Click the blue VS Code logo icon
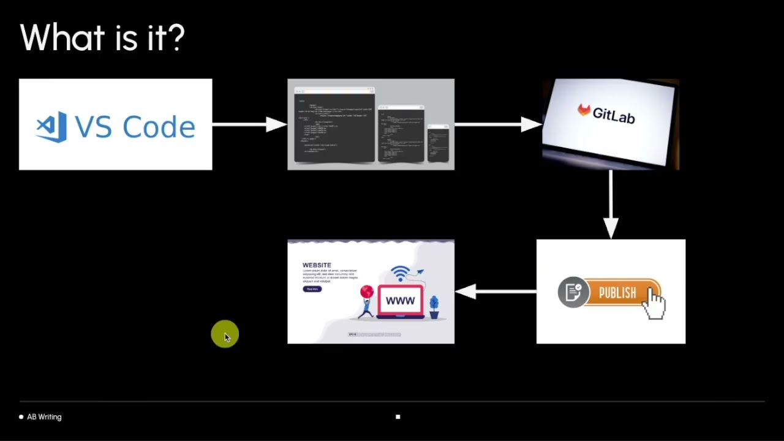coord(52,127)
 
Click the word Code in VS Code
coord(159,127)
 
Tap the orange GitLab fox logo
coord(584,110)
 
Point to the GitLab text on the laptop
coord(613,115)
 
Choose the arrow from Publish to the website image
coord(496,292)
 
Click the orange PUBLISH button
coord(617,293)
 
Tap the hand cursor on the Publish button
coord(655,303)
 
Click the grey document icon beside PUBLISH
coord(573,292)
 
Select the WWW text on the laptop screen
coord(400,301)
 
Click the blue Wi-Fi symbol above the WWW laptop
coord(400,273)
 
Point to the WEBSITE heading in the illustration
coord(317,265)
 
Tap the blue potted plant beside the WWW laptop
coord(434,306)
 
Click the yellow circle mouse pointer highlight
coord(225,334)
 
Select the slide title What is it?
coord(102,38)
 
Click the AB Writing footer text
coord(44,417)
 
